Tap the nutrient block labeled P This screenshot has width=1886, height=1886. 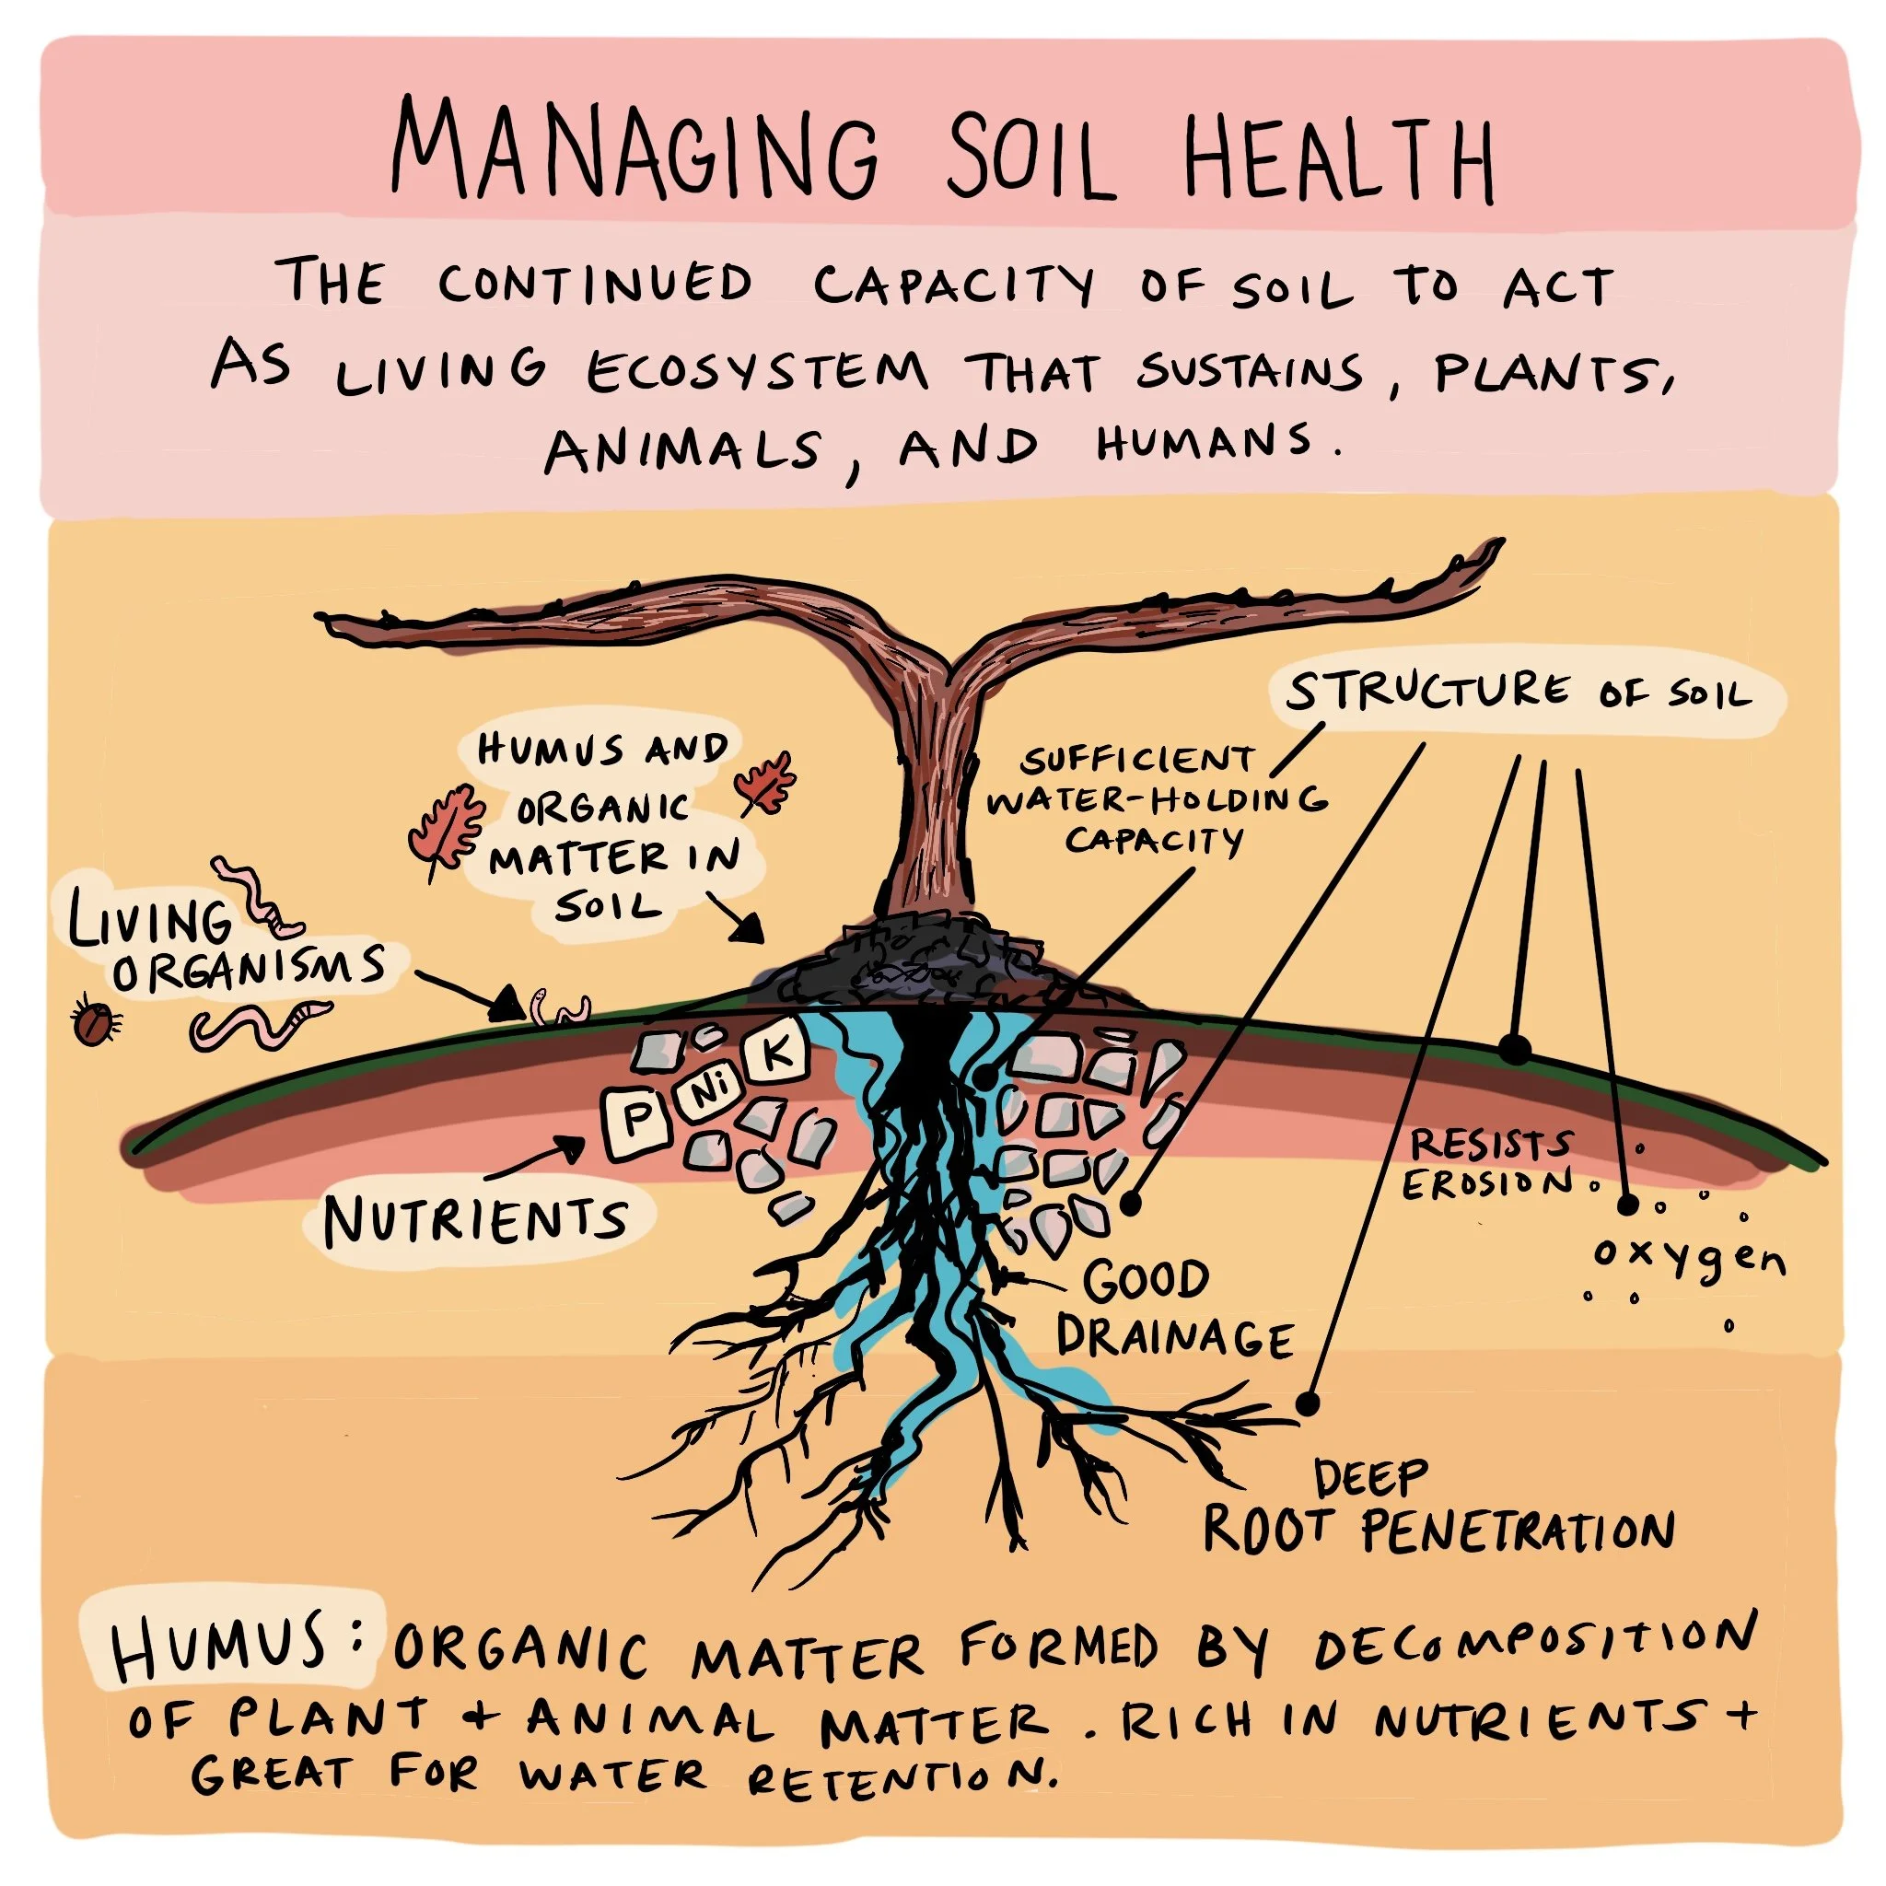tap(636, 1121)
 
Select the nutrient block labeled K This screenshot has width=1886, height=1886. tap(776, 1055)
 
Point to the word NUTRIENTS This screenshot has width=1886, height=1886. tap(475, 1220)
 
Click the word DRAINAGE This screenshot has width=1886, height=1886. tap(1174, 1337)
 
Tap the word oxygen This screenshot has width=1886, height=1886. tap(1689, 1258)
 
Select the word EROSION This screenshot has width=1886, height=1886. tap(1486, 1184)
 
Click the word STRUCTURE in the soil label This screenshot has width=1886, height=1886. tap(1426, 692)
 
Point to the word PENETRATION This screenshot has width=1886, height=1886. tap(1518, 1531)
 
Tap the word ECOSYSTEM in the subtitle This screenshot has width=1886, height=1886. tap(757, 371)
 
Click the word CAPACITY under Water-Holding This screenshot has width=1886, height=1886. tap(1154, 840)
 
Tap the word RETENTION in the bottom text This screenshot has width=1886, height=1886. tap(900, 1777)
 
